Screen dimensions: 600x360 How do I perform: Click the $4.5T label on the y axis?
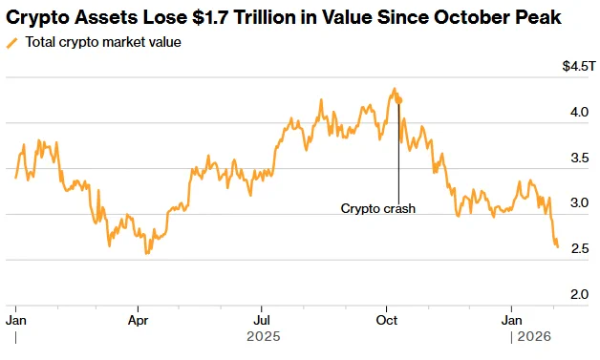coord(579,66)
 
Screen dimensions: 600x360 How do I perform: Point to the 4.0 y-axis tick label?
coord(579,112)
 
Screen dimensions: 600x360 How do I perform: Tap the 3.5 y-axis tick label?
coord(580,158)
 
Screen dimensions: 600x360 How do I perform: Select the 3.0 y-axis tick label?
coord(579,202)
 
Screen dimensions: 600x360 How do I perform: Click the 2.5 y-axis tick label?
coord(580,248)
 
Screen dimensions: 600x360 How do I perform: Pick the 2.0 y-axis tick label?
coord(579,294)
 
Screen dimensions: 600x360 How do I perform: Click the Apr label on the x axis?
coord(138,321)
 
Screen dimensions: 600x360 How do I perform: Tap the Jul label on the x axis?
coord(262,320)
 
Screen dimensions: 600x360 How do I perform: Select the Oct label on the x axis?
coord(387,320)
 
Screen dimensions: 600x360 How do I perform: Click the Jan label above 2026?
coord(511,320)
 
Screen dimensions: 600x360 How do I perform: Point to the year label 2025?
coord(264,337)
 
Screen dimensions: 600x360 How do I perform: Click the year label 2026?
coord(534,337)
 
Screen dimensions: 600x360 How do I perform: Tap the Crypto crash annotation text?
coord(378,208)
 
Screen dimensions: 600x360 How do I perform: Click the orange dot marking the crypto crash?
coord(398,100)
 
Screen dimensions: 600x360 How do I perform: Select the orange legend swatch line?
coord(12,43)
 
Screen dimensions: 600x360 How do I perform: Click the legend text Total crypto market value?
coord(103,42)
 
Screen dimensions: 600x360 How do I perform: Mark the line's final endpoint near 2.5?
coord(558,246)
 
